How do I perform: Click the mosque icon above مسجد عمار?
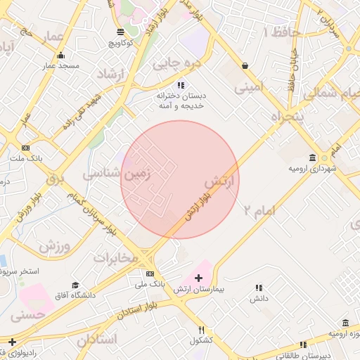60,56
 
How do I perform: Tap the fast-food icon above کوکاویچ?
121,32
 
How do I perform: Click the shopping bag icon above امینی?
244,65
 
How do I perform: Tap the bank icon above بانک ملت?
26,148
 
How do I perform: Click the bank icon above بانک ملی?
149,274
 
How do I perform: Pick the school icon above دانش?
258,288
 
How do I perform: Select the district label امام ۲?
259,209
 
